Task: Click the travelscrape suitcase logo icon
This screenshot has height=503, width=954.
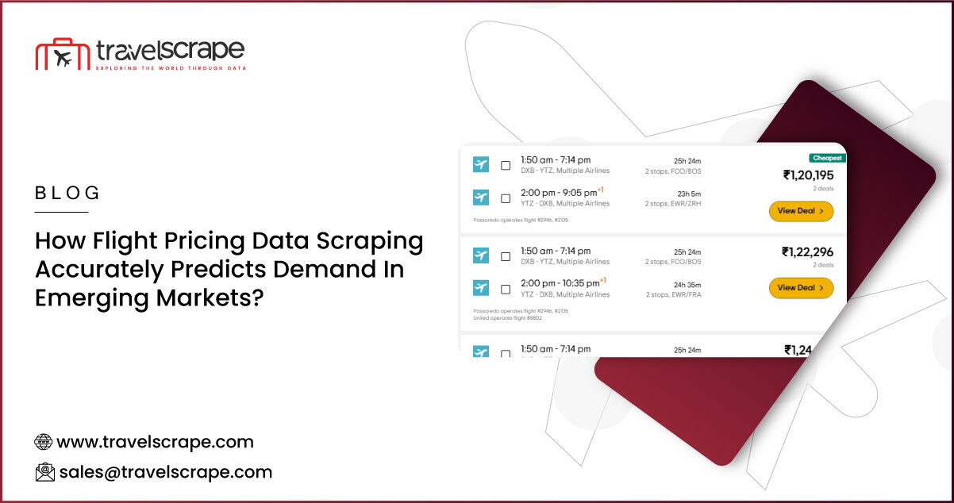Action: click(x=60, y=53)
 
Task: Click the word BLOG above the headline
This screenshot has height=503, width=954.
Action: click(x=68, y=193)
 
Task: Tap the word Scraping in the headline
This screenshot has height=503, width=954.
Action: click(x=375, y=241)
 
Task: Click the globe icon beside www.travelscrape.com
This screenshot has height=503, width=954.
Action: click(x=44, y=442)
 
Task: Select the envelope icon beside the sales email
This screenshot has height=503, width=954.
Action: click(x=44, y=472)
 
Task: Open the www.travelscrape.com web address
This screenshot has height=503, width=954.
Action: click(x=156, y=442)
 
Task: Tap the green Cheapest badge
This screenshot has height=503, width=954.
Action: click(x=827, y=158)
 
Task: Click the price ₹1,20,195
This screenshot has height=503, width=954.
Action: click(x=808, y=175)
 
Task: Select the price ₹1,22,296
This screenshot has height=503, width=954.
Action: click(x=807, y=251)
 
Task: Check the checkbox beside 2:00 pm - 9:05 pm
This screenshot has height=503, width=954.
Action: click(x=506, y=198)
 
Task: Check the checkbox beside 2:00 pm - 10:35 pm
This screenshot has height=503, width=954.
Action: click(x=506, y=289)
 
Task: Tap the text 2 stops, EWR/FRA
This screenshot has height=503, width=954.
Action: click(x=672, y=294)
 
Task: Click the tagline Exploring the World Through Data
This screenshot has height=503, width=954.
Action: click(x=170, y=68)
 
